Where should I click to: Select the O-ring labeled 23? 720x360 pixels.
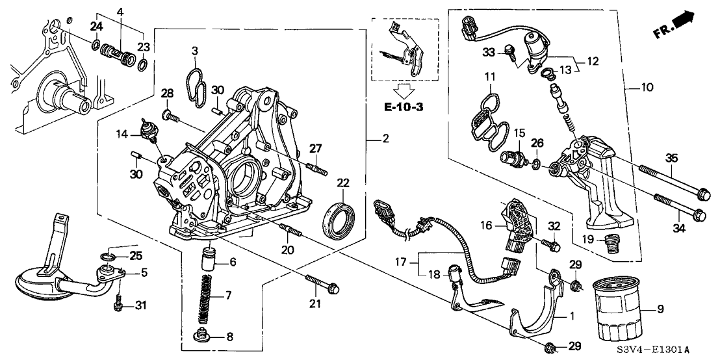(143, 64)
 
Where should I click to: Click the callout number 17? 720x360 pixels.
(401, 263)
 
